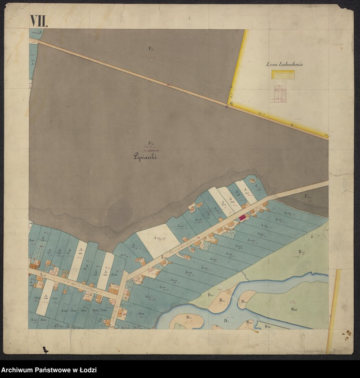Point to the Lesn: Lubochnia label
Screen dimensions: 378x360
(x=284, y=64)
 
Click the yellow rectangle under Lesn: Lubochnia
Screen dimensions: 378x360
(x=283, y=75)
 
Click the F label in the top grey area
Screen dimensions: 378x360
(x=151, y=48)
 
